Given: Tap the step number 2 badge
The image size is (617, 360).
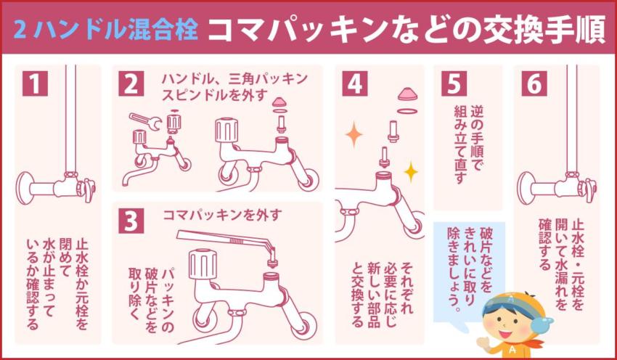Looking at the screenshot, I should coord(131,84).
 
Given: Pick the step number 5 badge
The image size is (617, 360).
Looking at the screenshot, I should coord(451,84).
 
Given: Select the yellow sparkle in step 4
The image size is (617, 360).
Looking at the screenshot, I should coord(411,172).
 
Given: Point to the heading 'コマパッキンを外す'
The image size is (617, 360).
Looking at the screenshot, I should coord(222,214).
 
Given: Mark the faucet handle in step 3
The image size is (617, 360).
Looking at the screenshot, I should coord(202,262).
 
